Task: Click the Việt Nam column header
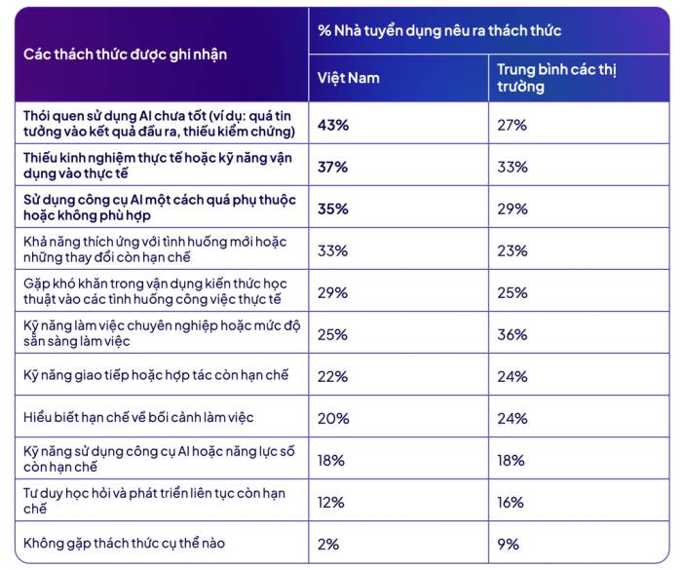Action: pyautogui.click(x=349, y=78)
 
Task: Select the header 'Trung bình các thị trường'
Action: pyautogui.click(x=556, y=78)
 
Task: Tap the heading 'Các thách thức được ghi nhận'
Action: pyautogui.click(x=126, y=55)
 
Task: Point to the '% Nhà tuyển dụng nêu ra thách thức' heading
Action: pyautogui.click(x=439, y=30)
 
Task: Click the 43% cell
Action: pyautogui.click(x=333, y=126)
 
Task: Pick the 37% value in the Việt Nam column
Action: pyautogui.click(x=333, y=167)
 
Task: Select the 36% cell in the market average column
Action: pyautogui.click(x=512, y=334)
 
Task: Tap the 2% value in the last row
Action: pyautogui.click(x=328, y=545)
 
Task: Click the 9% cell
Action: pyautogui.click(x=508, y=545)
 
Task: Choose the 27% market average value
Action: pyautogui.click(x=511, y=126)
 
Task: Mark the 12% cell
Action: pyautogui.click(x=330, y=503)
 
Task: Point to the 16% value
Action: pyautogui.click(x=511, y=503)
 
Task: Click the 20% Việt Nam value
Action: pyautogui.click(x=333, y=419)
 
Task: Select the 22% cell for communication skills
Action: pyautogui.click(x=333, y=377)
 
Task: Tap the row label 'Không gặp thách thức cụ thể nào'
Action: pyautogui.click(x=124, y=544)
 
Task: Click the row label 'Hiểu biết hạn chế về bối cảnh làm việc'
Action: pyautogui.click(x=138, y=418)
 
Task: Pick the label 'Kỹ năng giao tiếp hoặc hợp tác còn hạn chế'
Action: pyautogui.click(x=156, y=375)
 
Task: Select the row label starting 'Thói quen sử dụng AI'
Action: pyautogui.click(x=159, y=124)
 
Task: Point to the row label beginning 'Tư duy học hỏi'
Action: pyautogui.click(x=154, y=501)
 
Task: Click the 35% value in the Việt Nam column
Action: pyautogui.click(x=333, y=209)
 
